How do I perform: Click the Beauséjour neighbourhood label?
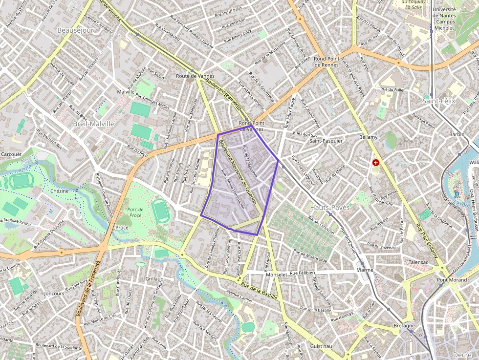click(x=75, y=30)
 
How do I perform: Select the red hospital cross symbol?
click(x=375, y=162)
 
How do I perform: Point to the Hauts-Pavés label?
click(x=330, y=207)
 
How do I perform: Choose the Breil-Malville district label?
click(x=93, y=124)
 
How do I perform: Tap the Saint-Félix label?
click(x=438, y=101)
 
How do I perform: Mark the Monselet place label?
click(x=276, y=275)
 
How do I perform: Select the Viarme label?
click(x=365, y=270)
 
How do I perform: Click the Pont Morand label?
click(x=452, y=280)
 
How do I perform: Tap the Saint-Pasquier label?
click(x=326, y=141)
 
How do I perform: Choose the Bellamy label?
click(x=369, y=137)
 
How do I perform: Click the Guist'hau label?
click(x=321, y=346)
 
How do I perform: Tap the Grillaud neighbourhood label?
click(x=154, y=279)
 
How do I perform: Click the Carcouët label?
click(x=11, y=154)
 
